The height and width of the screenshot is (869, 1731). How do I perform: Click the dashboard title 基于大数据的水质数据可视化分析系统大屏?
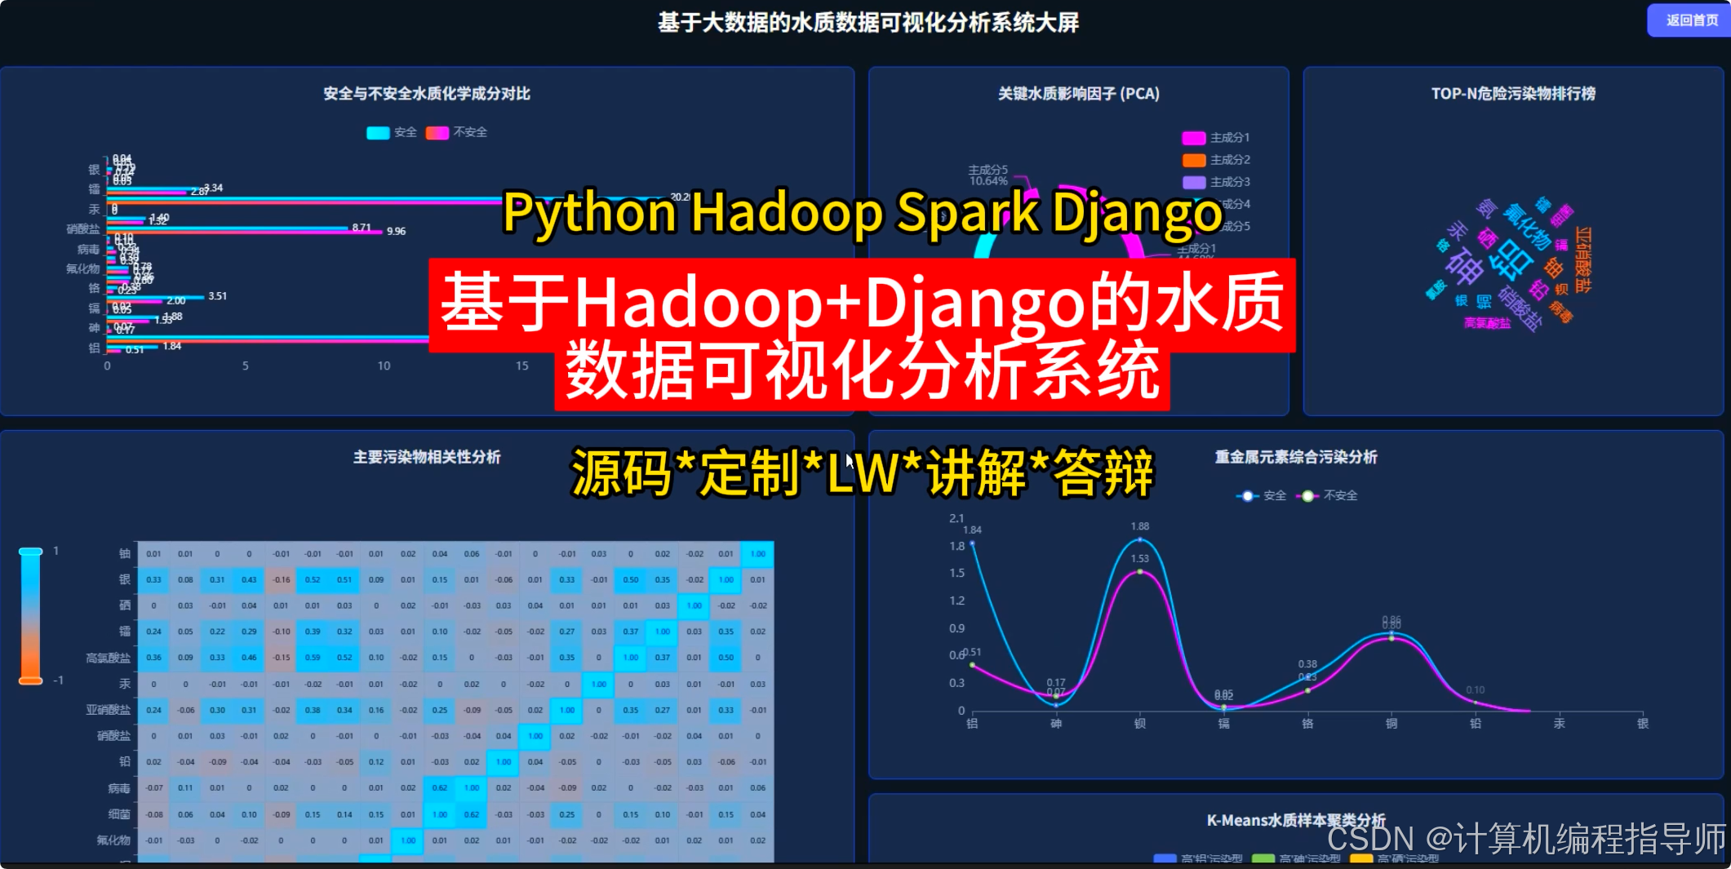click(x=868, y=23)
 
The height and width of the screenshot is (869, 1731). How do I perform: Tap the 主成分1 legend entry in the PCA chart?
click(x=1216, y=138)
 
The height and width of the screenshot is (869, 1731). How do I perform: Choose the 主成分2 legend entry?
click(x=1216, y=160)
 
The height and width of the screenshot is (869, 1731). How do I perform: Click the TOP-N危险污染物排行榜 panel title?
click(x=1513, y=94)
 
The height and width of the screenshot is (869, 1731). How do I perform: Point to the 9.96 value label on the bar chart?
click(x=396, y=232)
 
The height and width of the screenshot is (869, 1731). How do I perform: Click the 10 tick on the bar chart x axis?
click(x=384, y=366)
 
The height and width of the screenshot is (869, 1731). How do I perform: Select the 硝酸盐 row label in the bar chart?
click(x=83, y=229)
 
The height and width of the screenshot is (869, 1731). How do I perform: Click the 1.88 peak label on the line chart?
click(x=1140, y=526)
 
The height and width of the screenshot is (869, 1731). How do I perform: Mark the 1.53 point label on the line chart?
click(x=1140, y=559)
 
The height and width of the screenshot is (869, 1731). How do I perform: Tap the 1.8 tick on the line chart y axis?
click(x=956, y=547)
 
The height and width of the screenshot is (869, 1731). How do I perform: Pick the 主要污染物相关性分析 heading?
click(x=427, y=457)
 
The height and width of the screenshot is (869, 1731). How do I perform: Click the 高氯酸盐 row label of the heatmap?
click(x=109, y=658)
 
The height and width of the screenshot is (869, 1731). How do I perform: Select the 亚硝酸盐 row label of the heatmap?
click(x=109, y=710)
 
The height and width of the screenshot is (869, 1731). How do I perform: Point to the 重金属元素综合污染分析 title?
click(x=1296, y=457)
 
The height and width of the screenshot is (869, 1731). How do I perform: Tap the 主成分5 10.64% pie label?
click(x=988, y=175)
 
